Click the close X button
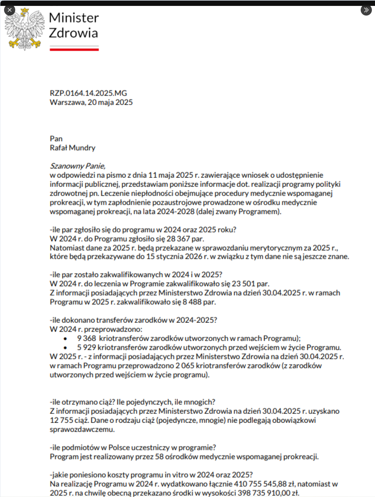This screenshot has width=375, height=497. click(10, 10)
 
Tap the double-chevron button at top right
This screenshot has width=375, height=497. click(366, 10)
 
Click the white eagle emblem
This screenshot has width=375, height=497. click(25, 29)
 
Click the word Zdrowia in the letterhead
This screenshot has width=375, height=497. click(73, 33)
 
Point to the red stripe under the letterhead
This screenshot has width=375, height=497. click(74, 49)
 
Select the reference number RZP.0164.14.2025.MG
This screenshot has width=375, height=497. click(88, 93)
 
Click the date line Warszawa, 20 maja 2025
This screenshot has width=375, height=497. click(91, 102)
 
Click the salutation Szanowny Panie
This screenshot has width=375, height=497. click(77, 166)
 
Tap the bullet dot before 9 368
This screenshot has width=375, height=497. click(65, 339)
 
